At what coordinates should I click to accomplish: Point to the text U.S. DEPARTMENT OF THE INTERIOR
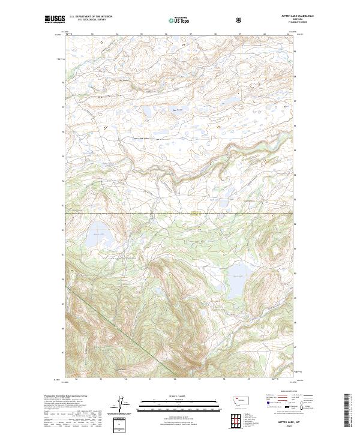[x=90, y=17]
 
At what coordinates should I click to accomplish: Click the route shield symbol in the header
[x=239, y=20]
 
